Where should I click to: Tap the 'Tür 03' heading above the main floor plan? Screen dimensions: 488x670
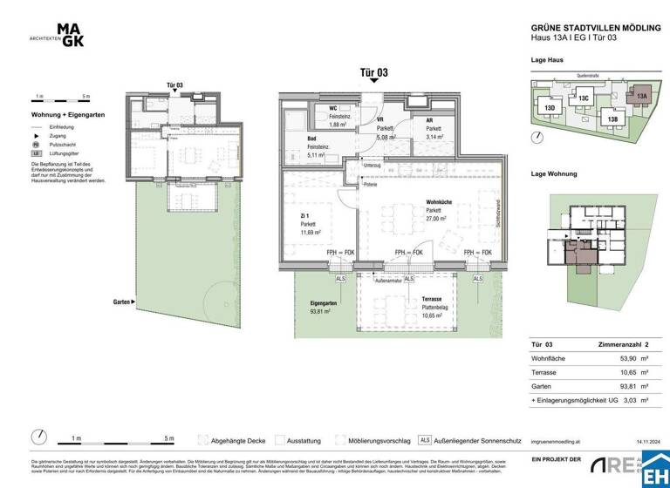tap(374, 73)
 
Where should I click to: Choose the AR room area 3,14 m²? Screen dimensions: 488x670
tap(434, 136)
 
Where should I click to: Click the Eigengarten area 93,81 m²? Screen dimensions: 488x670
tap(324, 315)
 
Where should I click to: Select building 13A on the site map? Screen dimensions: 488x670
tap(641, 96)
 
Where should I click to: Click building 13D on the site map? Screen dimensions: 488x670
tap(550, 108)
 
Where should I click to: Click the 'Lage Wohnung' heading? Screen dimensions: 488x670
tap(554, 174)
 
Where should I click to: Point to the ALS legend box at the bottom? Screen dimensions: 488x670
tap(425, 440)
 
